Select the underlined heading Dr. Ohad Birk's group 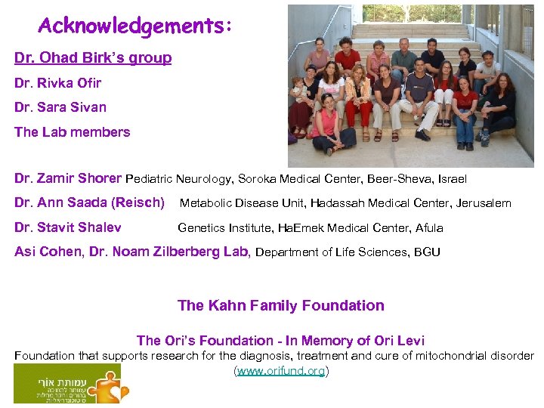pos(93,58)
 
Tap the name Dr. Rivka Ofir pos(57,83)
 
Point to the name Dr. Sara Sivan pos(60,107)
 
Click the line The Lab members pos(73,132)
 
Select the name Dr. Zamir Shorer pos(68,179)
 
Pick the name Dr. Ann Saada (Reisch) pos(89,203)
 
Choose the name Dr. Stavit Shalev pos(68,227)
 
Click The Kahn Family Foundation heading pos(281,306)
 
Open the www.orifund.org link pos(281,371)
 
